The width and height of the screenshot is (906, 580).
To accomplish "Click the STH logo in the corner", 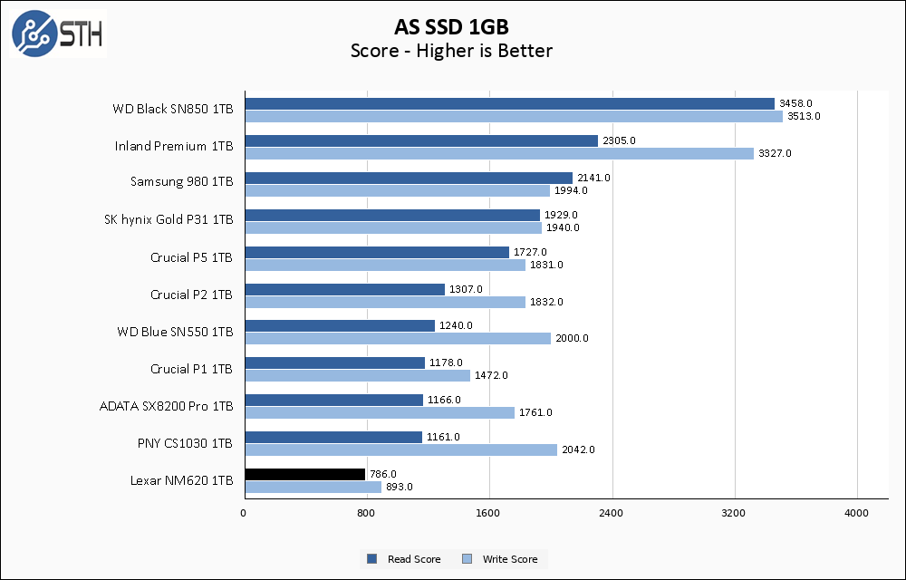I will pos(56,34).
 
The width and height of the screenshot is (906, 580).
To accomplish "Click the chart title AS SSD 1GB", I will pos(451,24).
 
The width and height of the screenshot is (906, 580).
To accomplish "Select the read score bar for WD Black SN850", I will pos(509,103).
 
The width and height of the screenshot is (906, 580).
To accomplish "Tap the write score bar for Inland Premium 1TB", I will pos(498,153).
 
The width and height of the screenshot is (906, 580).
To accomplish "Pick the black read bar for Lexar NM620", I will pos(304,474).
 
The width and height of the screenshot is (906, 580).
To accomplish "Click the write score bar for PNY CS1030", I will pos(400,449).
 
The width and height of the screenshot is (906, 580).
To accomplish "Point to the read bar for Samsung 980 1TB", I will pos(408,178).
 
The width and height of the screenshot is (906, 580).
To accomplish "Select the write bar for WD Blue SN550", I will pos(397,338).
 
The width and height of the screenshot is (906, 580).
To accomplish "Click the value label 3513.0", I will pos(804,116).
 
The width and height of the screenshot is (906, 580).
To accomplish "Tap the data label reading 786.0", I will pos(383,474).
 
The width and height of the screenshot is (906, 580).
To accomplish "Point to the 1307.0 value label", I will pos(466,289).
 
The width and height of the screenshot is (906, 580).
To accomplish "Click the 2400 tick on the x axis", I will pos(612,514).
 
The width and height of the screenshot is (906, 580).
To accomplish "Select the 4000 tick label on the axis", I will pos(857,514).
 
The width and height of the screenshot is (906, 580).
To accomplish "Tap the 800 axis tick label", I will pos(366,514).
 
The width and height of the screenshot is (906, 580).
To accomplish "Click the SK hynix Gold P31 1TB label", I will pos(169,220).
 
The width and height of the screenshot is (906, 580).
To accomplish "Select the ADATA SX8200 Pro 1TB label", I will pos(166,406).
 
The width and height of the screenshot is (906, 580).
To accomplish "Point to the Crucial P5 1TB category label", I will pos(191,257).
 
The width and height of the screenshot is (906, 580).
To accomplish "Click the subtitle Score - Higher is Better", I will pos(451,51).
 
